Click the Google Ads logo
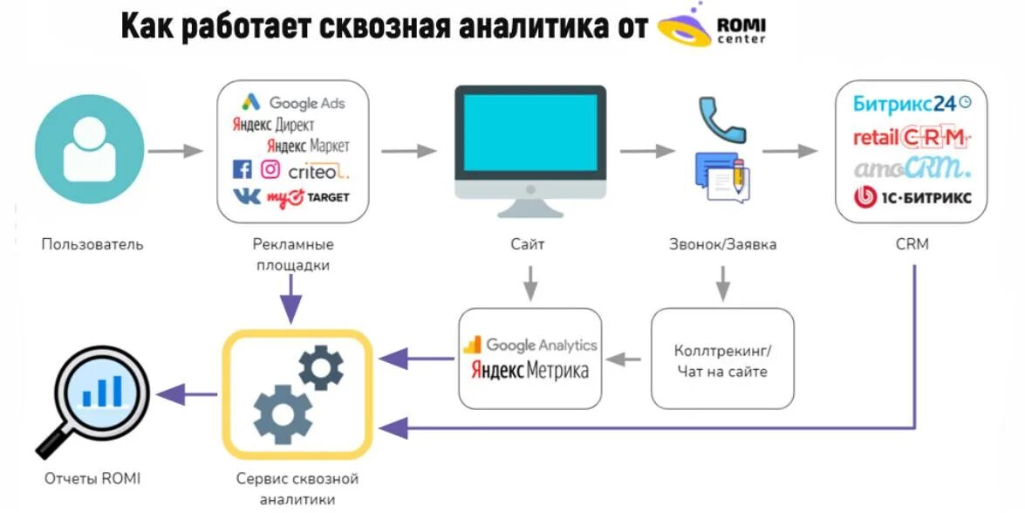tap(294, 103)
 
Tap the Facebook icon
tap(242, 169)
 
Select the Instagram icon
tap(271, 169)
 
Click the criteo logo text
tap(318, 171)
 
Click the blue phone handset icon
tap(721, 120)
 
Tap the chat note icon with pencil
tap(721, 178)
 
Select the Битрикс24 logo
tap(912, 103)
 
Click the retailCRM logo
tap(912, 137)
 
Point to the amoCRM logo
tap(912, 167)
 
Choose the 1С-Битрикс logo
tap(912, 197)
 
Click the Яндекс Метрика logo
tap(530, 370)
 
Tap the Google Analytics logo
tap(530, 345)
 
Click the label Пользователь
tap(92, 244)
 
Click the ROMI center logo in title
tap(711, 30)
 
